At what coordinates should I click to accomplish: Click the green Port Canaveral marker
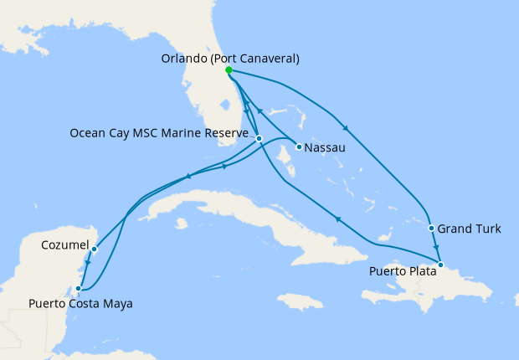coord(229,70)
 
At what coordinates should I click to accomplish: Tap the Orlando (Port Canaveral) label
coord(229,59)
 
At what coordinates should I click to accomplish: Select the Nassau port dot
coord(299,147)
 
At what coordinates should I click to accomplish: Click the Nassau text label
coord(324,148)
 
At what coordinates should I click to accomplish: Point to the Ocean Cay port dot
coord(259,138)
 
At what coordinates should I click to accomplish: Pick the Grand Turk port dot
coord(431,228)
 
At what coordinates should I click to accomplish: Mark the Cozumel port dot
coord(95,249)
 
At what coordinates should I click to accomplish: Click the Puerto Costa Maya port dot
coord(79,289)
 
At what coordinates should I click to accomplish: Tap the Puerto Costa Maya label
coord(80,303)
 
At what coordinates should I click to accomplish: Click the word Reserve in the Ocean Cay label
coord(228,133)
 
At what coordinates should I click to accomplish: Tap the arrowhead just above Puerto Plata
coord(436,247)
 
